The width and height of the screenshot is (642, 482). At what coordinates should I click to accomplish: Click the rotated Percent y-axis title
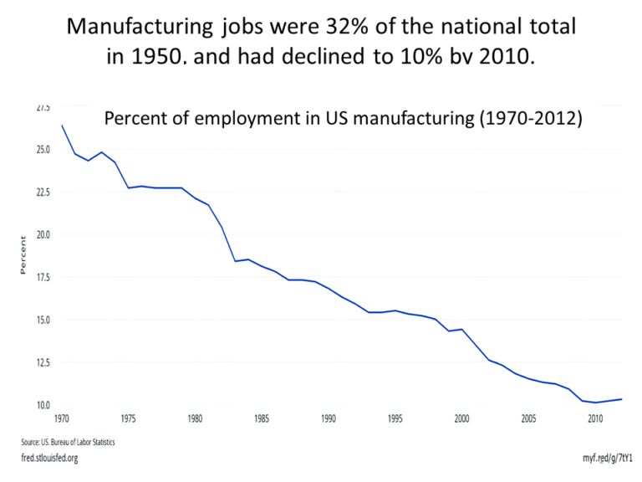click(24, 255)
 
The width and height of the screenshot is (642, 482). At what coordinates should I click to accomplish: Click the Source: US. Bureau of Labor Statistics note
click(68, 441)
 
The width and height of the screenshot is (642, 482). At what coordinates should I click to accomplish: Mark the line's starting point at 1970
click(62, 126)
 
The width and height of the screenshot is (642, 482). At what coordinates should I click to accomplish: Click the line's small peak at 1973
click(102, 152)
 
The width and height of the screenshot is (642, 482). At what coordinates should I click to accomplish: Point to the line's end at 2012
click(621, 399)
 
